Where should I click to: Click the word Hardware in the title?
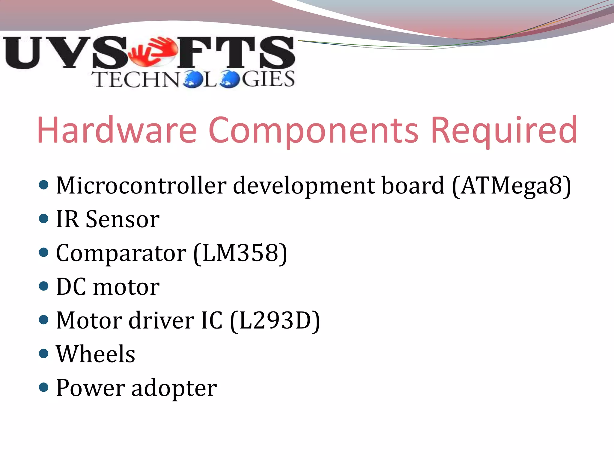117,130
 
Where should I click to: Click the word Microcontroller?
141,185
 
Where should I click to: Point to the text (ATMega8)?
511,186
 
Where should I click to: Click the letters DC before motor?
71,287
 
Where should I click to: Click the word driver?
162,320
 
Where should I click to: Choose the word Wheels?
96,354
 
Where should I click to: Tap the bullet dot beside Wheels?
44,354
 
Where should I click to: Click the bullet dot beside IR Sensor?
44,219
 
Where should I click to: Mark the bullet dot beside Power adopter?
44,387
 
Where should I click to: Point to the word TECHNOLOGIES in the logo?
194,79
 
